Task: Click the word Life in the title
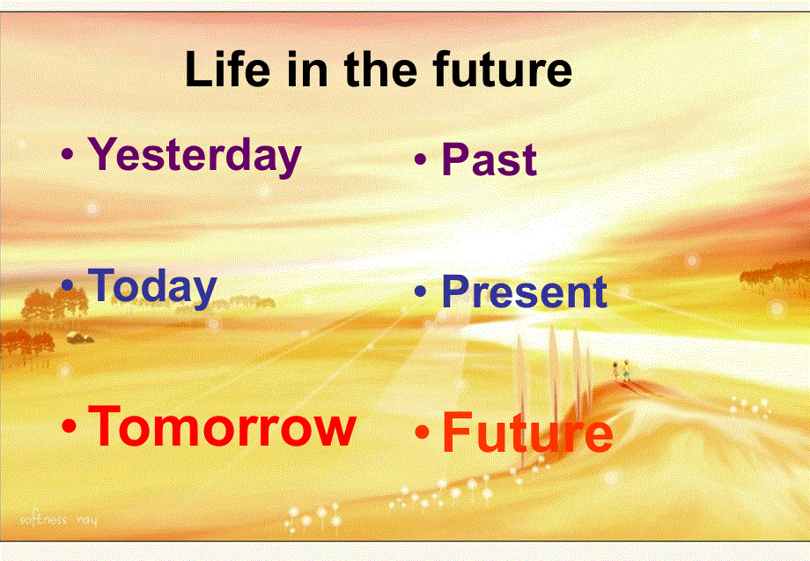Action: (x=227, y=68)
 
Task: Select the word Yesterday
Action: (x=195, y=156)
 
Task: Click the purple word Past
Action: (x=490, y=159)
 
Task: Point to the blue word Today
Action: (x=152, y=287)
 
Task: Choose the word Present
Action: (x=525, y=291)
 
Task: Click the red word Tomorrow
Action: (x=222, y=425)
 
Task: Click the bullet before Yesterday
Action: (x=68, y=153)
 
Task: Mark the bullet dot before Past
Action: (x=421, y=159)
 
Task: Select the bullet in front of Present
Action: (x=421, y=291)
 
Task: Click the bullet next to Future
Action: (x=422, y=432)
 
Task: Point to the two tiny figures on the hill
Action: (x=621, y=370)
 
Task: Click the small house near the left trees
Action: (x=79, y=338)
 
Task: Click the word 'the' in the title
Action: (x=380, y=68)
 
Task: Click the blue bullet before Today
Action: (x=68, y=284)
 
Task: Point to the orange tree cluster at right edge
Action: (x=775, y=274)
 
